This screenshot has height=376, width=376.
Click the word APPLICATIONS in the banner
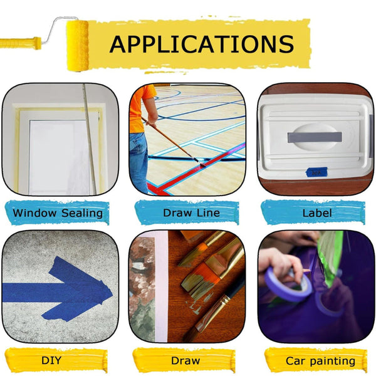[x=202, y=44]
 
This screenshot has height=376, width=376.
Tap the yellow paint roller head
[x=77, y=46]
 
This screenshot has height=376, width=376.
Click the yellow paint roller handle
[x=21, y=43]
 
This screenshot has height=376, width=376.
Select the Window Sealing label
[x=58, y=213]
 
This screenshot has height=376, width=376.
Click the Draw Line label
[x=191, y=213]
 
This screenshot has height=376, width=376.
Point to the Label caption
[x=317, y=213]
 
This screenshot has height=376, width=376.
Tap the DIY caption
[x=51, y=360]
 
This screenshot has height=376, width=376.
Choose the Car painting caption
[x=320, y=362]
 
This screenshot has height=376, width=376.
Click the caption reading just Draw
[x=185, y=361]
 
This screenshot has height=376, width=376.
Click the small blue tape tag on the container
[x=316, y=172]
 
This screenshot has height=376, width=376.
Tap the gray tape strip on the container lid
[x=315, y=137]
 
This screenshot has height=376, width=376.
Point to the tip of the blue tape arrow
[x=112, y=294]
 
